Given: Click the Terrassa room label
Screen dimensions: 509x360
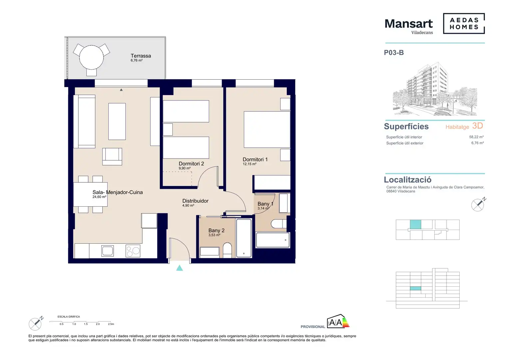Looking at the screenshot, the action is [141, 56].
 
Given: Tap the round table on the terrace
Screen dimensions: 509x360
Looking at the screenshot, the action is [91, 57].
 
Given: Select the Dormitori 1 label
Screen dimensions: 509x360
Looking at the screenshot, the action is [255, 159].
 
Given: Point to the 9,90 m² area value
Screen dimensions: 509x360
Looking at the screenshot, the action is [185, 168].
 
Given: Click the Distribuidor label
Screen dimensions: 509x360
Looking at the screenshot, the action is [195, 201].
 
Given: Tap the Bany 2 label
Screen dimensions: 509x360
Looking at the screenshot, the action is [216, 230].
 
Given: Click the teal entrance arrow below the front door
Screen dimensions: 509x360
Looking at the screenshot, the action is [180, 268].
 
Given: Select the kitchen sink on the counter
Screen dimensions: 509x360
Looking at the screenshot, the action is [108, 251].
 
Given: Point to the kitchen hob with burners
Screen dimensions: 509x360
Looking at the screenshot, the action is [133, 251].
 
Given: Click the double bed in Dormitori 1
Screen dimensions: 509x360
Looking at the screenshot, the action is [267, 129].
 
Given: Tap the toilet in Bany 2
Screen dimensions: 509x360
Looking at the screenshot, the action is [227, 250].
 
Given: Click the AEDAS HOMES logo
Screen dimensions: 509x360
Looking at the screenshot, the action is [464, 23].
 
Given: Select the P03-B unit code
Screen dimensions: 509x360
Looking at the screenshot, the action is [394, 53].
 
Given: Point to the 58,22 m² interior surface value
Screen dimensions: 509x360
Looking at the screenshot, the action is [476, 137].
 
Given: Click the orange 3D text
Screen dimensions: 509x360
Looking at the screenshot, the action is [477, 126].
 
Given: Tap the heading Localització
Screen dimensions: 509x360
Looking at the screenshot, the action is [408, 180].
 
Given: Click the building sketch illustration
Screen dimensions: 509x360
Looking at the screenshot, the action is [435, 89].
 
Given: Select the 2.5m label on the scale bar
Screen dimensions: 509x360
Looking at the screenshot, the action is [111, 324].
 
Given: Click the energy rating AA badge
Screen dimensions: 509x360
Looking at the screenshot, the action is [338, 321].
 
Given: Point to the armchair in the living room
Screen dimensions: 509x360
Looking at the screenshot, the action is [112, 156].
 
